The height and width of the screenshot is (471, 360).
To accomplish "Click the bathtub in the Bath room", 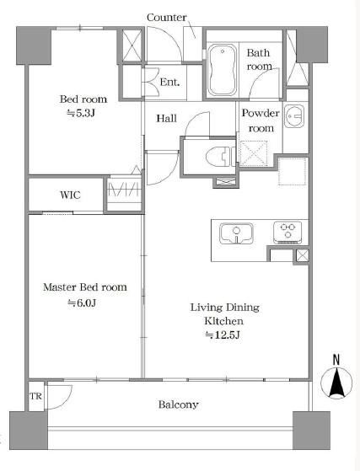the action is pyautogui.click(x=223, y=70).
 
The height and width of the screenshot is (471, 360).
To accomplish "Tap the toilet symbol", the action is pyautogui.click(x=221, y=156).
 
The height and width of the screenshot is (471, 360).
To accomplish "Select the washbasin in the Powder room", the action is pyautogui.click(x=295, y=115).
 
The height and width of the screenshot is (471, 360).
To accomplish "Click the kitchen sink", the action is pyautogui.click(x=236, y=233).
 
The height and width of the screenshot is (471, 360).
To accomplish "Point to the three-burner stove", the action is pyautogui.click(x=287, y=232).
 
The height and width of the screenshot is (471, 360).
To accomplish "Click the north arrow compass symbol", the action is pyautogui.click(x=336, y=383).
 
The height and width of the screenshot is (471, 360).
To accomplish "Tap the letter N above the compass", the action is pyautogui.click(x=336, y=360).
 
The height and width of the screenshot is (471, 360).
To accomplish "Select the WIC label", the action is pyautogui.click(x=70, y=195).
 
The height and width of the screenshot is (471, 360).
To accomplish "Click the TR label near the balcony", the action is pyautogui.click(x=35, y=396).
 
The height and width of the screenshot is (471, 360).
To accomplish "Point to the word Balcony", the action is pyautogui.click(x=178, y=404).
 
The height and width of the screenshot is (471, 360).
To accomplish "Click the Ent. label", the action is pyautogui.click(x=169, y=82).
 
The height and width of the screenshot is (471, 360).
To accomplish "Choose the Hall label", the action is pyautogui.click(x=166, y=118).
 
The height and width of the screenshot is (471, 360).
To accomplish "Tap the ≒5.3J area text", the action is pyautogui.click(x=81, y=113).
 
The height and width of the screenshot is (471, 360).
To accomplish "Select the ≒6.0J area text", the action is pyautogui.click(x=82, y=302).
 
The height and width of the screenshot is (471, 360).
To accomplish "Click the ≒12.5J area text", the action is pyautogui.click(x=223, y=335).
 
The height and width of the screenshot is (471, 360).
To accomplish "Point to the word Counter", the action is pyautogui.click(x=166, y=18).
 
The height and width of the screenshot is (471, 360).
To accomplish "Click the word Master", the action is pyautogui.click(x=60, y=286).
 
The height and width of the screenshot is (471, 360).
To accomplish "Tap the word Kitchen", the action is pyautogui.click(x=224, y=321).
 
